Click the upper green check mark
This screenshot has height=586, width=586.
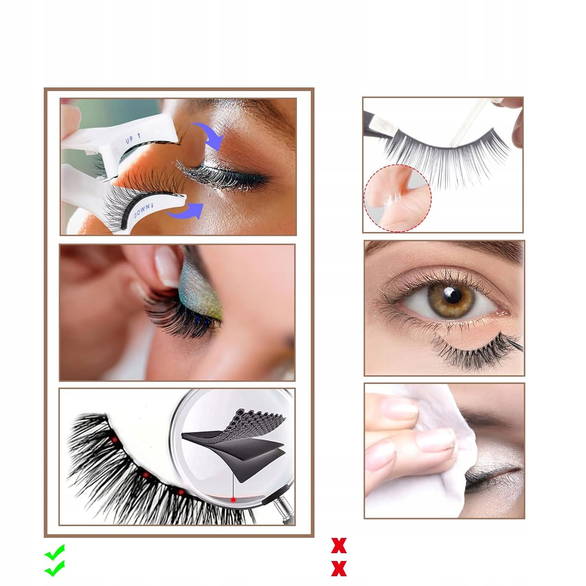pos(54,552)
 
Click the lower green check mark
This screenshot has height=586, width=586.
pos(54,568)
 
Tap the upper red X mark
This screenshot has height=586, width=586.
pos(339,545)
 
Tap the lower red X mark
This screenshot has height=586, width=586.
pos(339,568)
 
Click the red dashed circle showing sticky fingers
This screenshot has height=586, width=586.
pos(397,198)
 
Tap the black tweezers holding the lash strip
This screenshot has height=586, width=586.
pos(381,123)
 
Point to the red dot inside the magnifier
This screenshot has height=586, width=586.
pos(233,500)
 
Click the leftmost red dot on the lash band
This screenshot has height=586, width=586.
pos(115,440)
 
